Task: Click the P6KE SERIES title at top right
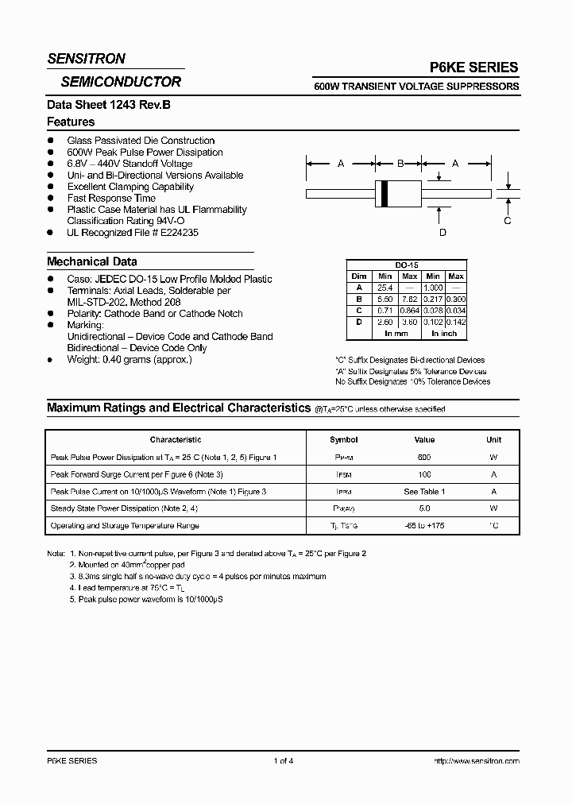point(475,68)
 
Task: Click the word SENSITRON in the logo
point(86,59)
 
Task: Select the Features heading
point(71,122)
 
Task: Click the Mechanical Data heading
point(92,261)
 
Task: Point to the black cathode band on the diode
point(386,193)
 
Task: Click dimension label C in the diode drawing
point(508,221)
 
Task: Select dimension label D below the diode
point(443,232)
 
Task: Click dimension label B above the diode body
point(401,163)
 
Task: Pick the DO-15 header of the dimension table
point(406,266)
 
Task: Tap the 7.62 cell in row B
point(410,299)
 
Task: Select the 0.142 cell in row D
point(456,322)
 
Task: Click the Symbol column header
point(344,439)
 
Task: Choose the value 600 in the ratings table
point(424,458)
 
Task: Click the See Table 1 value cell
point(424,492)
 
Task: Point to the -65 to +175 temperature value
point(424,526)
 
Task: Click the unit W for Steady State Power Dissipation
point(493,508)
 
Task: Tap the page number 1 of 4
point(284,761)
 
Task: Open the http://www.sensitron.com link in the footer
point(476,761)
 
